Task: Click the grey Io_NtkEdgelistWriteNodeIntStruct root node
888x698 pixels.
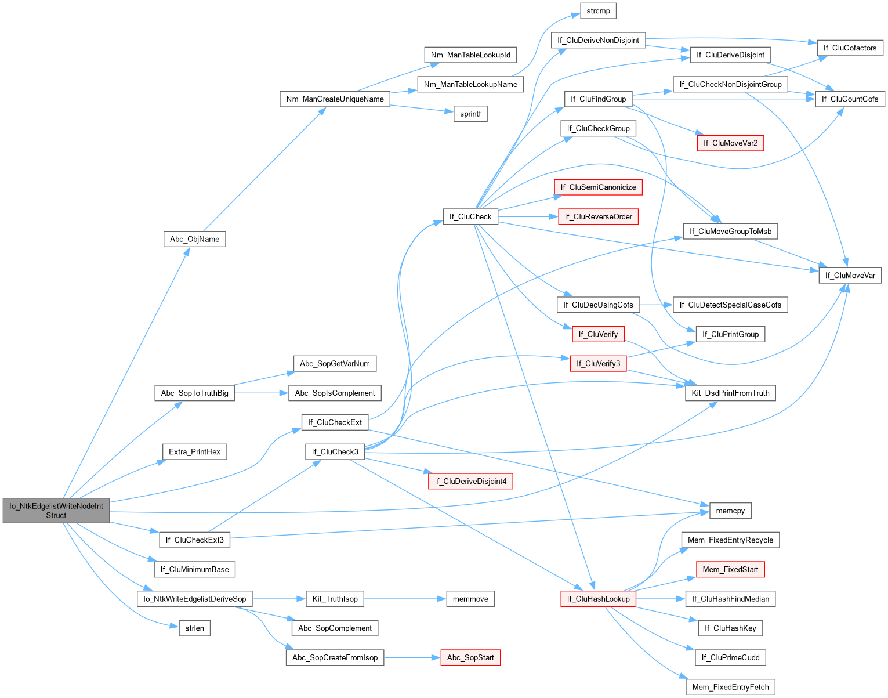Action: coord(56,511)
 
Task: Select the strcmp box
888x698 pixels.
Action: coord(598,11)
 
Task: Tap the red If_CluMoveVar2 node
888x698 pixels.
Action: coord(731,143)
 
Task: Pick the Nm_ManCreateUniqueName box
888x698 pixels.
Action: coord(335,99)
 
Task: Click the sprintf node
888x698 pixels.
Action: coord(470,114)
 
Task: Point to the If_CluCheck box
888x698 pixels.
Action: coord(470,216)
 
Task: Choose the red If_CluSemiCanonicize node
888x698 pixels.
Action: coord(598,187)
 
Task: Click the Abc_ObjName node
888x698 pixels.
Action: coord(194,239)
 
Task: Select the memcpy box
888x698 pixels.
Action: coord(731,511)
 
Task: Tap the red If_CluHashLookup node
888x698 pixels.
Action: coord(598,599)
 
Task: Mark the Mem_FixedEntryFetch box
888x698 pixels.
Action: coord(731,688)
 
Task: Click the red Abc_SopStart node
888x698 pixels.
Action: coord(470,658)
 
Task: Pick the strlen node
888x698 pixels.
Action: coord(194,628)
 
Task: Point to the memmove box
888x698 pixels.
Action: coord(470,599)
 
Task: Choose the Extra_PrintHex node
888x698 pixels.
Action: coord(194,452)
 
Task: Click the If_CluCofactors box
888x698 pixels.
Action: coord(850,48)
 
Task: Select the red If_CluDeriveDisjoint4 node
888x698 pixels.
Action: coord(470,482)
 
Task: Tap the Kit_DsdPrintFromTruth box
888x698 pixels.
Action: coord(731,393)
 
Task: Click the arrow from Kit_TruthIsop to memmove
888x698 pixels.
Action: coord(405,599)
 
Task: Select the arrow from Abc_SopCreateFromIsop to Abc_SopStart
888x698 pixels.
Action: coord(412,658)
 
